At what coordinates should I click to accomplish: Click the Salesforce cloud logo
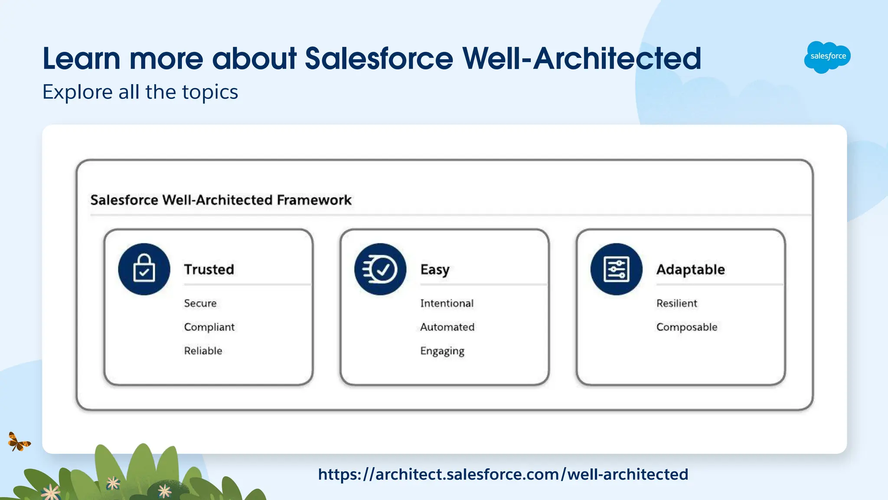827,57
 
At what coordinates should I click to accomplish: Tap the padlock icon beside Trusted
144,269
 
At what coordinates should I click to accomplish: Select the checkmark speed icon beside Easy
380,269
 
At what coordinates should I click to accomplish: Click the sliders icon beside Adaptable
616,269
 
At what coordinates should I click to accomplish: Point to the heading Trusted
209,269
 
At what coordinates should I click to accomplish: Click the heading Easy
434,270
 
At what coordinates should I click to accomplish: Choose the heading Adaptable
690,270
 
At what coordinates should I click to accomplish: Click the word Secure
200,303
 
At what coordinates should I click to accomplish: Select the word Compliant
209,327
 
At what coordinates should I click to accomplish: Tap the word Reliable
203,350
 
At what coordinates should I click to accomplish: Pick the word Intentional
447,303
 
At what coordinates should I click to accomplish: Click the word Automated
447,327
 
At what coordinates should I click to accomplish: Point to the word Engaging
442,351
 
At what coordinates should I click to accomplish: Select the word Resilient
676,303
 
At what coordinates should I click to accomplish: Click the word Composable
686,327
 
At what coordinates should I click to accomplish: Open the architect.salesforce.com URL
503,474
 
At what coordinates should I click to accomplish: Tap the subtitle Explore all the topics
140,92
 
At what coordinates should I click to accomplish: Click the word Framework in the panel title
314,200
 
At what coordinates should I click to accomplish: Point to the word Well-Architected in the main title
581,59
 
